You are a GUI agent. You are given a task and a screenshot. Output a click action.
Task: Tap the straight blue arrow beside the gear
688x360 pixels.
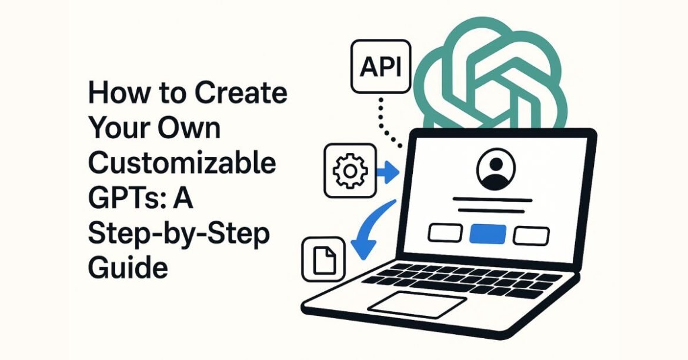pos(388,171)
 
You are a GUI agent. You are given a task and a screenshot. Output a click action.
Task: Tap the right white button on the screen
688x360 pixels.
pos(531,235)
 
